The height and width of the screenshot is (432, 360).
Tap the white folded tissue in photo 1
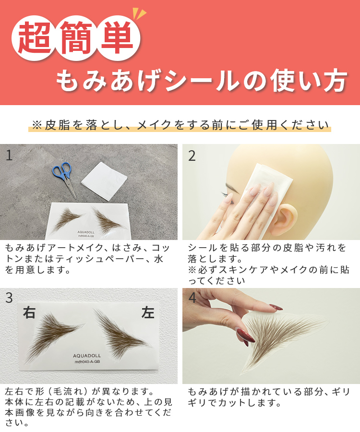pos(104,181)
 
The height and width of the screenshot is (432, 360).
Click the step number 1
pos(9,156)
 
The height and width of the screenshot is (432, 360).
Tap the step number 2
pos(192,156)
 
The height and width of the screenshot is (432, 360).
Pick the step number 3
pos(9,298)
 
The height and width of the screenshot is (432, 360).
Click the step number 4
pos(192,298)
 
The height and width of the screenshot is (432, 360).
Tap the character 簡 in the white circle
pos(76,38)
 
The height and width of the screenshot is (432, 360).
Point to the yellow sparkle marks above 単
pos(139,14)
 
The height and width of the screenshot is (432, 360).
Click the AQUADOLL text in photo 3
pos(87,356)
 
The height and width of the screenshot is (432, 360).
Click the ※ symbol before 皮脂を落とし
pos(37,125)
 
